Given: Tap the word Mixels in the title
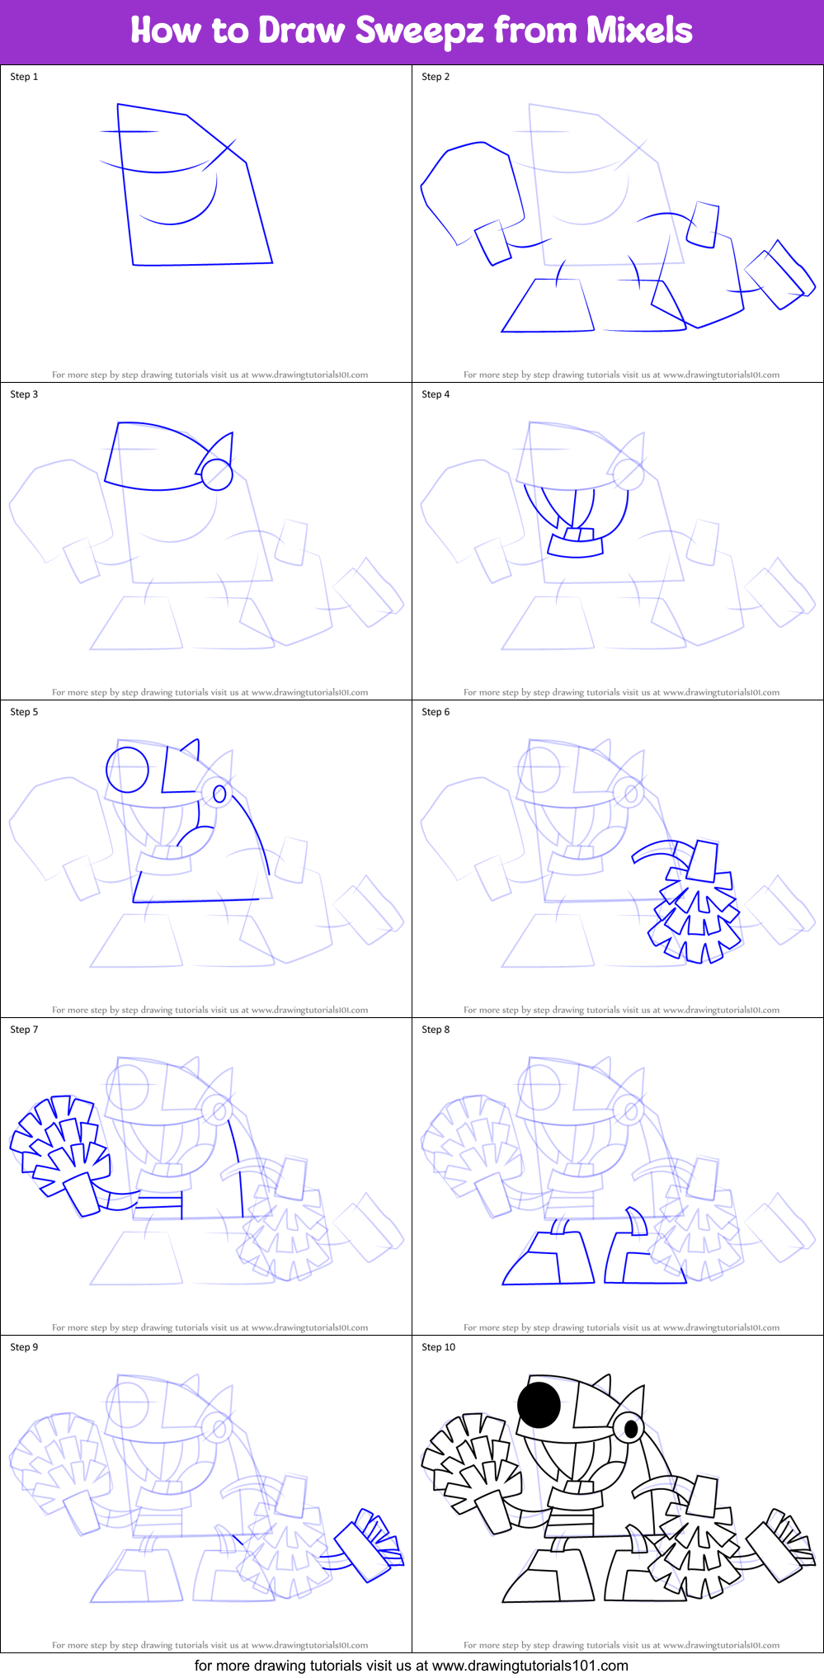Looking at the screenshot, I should pyautogui.click(x=639, y=31).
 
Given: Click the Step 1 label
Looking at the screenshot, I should pyautogui.click(x=24, y=77).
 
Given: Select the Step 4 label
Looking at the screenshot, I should pyautogui.click(x=436, y=394).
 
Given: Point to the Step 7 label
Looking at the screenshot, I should pyautogui.click(x=24, y=1030).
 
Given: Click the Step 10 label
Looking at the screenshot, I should pyautogui.click(x=438, y=1347).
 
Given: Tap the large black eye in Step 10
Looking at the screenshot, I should pyautogui.click(x=539, y=1404).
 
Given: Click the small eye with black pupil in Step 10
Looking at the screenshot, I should pyautogui.click(x=630, y=1428).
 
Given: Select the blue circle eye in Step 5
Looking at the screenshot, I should pyautogui.click(x=128, y=770).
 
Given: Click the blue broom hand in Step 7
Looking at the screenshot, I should pyautogui.click(x=59, y=1138).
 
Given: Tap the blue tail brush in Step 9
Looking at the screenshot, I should pyautogui.click(x=370, y=1544).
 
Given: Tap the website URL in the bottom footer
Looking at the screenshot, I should pyautogui.click(x=530, y=1666).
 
